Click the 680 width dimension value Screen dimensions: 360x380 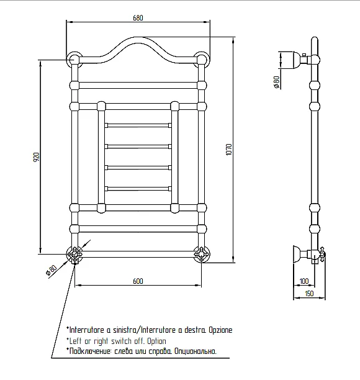click(138, 17)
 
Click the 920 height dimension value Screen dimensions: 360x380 click(36, 157)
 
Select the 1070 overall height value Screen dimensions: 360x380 click(229, 150)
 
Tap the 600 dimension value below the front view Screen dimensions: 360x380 click(138, 281)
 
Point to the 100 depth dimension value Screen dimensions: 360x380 click(304, 281)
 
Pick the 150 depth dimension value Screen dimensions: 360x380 click(309, 294)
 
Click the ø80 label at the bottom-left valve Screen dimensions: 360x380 click(52, 271)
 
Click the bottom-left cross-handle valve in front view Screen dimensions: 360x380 click(75, 254)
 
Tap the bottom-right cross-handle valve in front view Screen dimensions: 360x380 click(202, 254)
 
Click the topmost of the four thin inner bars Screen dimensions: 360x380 click(138, 125)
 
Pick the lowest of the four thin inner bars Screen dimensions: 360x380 click(138, 189)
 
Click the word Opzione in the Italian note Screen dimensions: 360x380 click(220, 330)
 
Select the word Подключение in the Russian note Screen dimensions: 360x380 click(90, 351)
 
